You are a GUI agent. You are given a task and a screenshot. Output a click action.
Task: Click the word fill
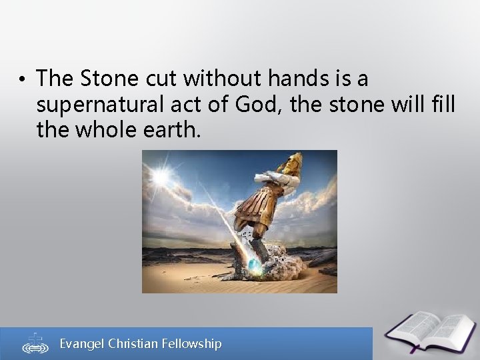point(440,104)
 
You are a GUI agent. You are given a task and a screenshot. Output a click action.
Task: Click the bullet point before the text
point(22,81)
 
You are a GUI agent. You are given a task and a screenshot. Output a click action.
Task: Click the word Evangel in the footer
point(83,343)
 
